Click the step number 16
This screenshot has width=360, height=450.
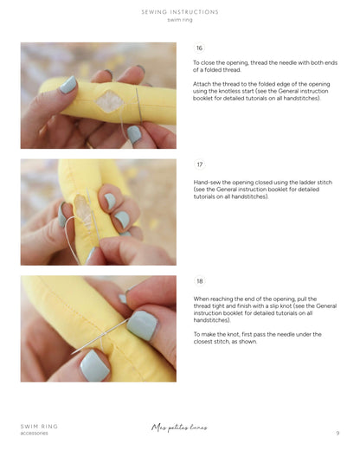199,48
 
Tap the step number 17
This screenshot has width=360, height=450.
200,164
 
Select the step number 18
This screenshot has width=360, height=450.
200,281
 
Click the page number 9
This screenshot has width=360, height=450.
337,433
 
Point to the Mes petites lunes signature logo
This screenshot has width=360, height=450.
179,427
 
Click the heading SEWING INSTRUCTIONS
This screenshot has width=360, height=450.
180,12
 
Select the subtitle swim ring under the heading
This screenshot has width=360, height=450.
180,20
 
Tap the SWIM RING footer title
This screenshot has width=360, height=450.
39,427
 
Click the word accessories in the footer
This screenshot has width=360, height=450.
34,434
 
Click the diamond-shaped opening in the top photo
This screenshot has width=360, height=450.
110,100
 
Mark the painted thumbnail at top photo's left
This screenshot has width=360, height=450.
68,85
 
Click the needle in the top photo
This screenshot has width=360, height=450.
138,106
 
